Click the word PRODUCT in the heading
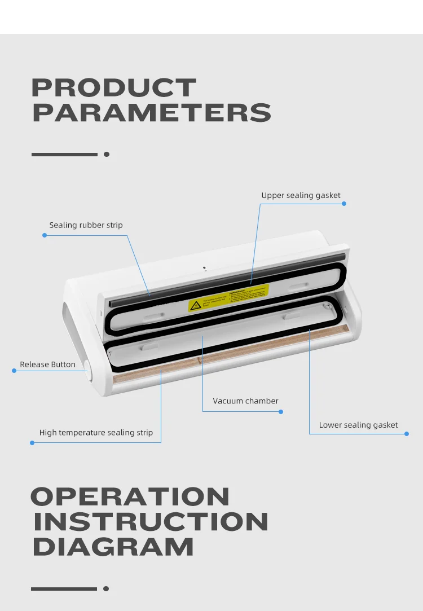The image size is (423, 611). (114, 88)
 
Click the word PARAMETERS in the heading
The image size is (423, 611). (152, 112)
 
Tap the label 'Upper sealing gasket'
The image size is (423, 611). (301, 195)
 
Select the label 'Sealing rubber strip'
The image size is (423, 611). (86, 225)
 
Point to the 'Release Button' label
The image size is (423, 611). (47, 364)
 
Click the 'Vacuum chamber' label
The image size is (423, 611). (245, 401)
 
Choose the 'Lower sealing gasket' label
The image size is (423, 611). (358, 425)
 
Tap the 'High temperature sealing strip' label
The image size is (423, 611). (96, 433)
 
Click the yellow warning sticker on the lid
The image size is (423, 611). (228, 298)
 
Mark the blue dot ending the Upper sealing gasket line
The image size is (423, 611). (344, 204)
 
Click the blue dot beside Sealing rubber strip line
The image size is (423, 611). (45, 235)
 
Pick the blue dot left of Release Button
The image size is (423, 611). (14, 371)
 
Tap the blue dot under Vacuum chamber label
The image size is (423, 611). (281, 411)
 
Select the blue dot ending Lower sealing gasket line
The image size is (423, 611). (407, 433)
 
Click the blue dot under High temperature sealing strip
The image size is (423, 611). (32, 443)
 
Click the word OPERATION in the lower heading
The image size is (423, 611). (130, 496)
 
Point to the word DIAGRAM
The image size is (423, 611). (113, 547)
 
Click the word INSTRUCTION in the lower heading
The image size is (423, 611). (151, 522)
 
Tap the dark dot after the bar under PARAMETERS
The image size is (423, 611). (107, 154)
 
